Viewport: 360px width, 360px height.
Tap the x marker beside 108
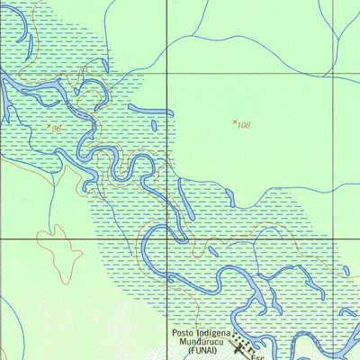pos(235,121)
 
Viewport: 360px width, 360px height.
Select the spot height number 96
pos(57,129)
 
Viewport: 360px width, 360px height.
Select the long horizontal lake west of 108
pos(150,111)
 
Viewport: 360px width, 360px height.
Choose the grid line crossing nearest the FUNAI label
pos(166,239)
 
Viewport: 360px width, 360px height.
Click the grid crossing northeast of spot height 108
pos(332,73)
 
